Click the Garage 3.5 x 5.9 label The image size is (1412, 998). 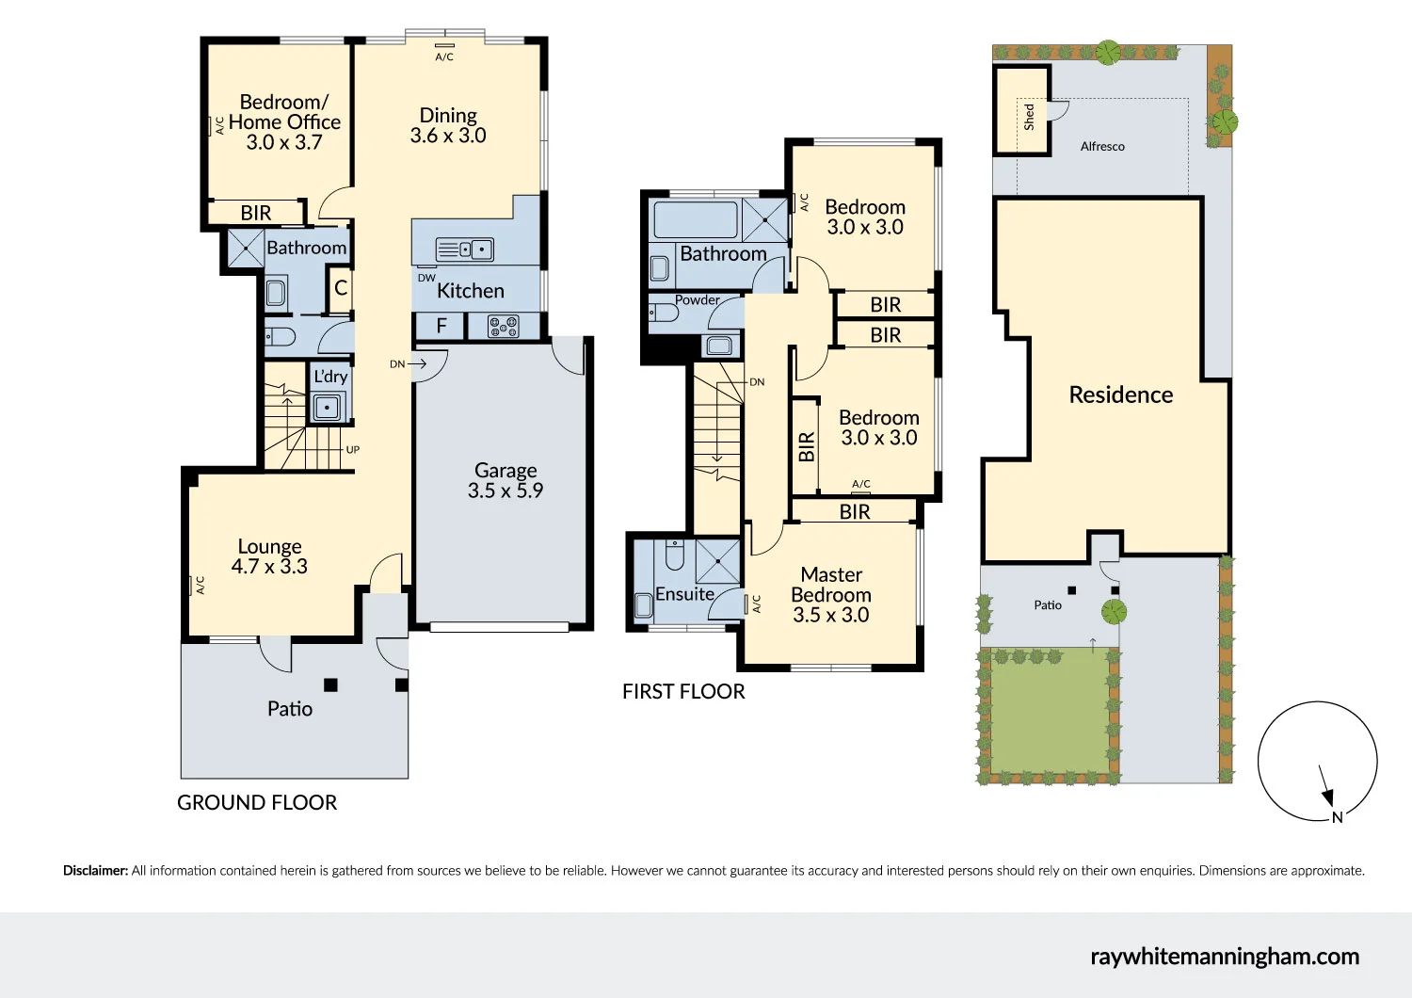click(x=505, y=480)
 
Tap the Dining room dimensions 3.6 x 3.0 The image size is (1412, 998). click(x=448, y=136)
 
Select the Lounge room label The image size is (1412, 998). click(x=269, y=546)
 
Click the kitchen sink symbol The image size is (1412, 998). click(x=465, y=249)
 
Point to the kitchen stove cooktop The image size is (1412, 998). click(x=503, y=327)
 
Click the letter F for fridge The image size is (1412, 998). click(x=441, y=327)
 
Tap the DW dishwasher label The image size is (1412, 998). click(x=426, y=278)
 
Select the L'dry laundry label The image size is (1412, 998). click(x=330, y=377)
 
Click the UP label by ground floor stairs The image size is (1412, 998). click(x=352, y=450)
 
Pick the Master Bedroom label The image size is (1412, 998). click(x=831, y=585)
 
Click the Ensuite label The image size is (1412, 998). click(x=684, y=594)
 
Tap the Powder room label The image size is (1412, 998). click(x=697, y=300)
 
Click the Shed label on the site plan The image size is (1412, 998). click(x=1029, y=117)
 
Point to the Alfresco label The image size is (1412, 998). click(x=1102, y=147)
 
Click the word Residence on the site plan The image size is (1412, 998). click(x=1120, y=394)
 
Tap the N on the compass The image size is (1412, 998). click(x=1337, y=817)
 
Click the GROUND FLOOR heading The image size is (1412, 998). click(x=257, y=803)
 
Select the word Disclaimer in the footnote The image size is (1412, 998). click(x=95, y=871)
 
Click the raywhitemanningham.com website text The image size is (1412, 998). click(x=1225, y=957)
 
